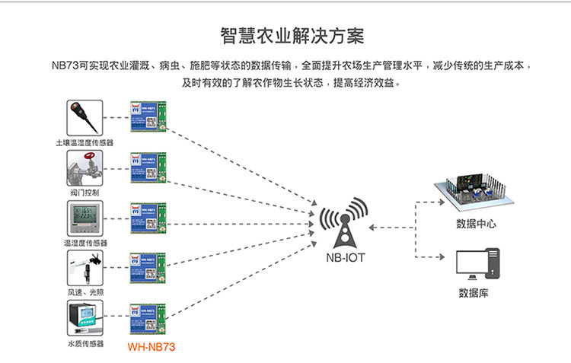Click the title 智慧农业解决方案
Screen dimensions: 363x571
285,36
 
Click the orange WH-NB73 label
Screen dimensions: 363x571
152,347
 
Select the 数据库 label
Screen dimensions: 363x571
474,293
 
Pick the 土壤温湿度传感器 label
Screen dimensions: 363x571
85,142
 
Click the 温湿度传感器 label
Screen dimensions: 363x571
85,243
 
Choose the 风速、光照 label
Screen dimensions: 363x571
85,293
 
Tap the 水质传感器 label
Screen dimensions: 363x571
85,345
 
